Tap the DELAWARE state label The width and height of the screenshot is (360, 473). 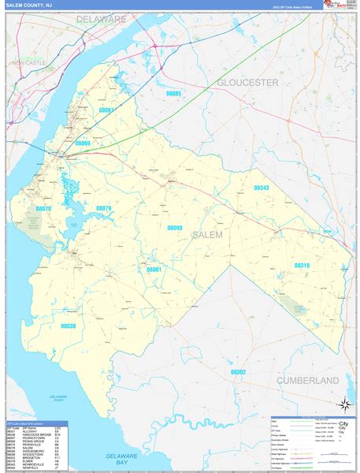[102, 18]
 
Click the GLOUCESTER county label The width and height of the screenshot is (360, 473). [248, 82]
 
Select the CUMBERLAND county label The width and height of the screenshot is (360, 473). [307, 380]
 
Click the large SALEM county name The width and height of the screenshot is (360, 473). [206, 234]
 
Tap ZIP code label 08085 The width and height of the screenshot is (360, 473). [173, 94]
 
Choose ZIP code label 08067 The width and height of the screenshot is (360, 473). [106, 110]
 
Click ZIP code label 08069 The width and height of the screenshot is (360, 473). [83, 143]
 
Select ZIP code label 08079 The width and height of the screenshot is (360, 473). [104, 208]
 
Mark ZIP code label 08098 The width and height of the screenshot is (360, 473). [175, 228]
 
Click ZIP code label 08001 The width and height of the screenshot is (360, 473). [154, 270]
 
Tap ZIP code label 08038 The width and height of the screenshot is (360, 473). [69, 326]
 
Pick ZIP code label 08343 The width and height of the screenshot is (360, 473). [262, 188]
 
